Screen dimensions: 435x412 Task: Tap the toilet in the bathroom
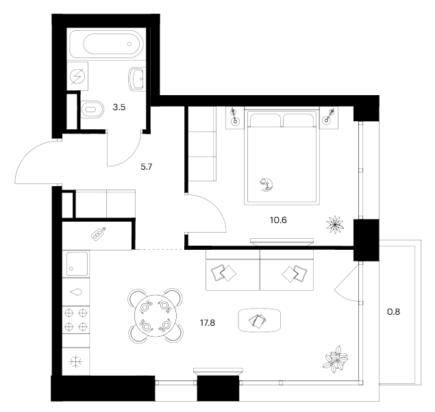pos(92,110)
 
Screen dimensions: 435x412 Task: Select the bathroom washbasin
pos(136,79)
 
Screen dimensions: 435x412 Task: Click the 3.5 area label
pos(119,107)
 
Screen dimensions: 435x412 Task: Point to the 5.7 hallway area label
pos(146,167)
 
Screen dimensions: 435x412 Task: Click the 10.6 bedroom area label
pos(278,220)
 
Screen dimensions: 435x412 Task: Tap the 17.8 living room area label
pos(208,323)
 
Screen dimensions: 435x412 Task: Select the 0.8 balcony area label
pos(393,312)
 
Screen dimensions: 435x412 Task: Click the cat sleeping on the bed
pos(266,185)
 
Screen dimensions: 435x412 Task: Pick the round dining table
pos(156,316)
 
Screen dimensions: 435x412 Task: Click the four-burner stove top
pos(76,320)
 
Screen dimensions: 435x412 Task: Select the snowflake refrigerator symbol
pos(76,362)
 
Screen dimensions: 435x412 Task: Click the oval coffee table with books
pos(260,320)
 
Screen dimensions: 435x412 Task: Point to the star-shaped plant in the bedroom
pos(335,224)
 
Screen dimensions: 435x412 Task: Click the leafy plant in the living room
pos(336,359)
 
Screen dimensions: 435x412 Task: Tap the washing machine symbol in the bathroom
pos(77,76)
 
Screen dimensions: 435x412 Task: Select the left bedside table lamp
pos(235,116)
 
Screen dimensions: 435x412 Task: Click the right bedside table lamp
pos(329,116)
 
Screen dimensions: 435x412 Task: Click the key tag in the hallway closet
pos(99,234)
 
